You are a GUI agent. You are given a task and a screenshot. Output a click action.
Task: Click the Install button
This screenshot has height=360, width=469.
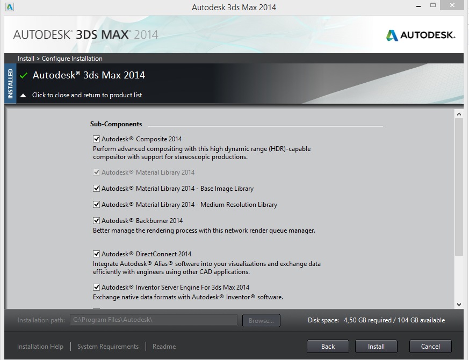pyautogui.click(x=376, y=346)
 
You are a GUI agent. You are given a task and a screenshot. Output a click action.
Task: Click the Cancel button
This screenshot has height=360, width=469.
pyautogui.click(x=430, y=346)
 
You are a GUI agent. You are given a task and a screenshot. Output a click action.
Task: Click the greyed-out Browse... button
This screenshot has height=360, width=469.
pyautogui.click(x=261, y=320)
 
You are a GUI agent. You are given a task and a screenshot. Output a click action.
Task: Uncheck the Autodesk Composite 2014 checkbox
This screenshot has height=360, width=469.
pyautogui.click(x=96, y=139)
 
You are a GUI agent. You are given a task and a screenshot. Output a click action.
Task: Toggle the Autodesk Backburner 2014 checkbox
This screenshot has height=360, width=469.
pyautogui.click(x=96, y=220)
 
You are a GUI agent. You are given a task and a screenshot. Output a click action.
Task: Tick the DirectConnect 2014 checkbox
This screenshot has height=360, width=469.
pyautogui.click(x=96, y=254)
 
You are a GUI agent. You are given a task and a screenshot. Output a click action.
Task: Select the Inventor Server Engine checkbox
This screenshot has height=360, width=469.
pyautogui.click(x=96, y=287)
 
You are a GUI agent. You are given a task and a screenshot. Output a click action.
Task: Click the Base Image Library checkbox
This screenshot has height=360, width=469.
pyautogui.click(x=96, y=188)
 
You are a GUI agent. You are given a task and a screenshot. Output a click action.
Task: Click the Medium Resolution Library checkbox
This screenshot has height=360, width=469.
pyautogui.click(x=96, y=204)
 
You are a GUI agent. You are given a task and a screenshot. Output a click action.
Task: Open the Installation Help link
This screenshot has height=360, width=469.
pyautogui.click(x=40, y=346)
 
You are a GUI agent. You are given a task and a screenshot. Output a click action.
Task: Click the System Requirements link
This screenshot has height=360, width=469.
pyautogui.click(x=108, y=346)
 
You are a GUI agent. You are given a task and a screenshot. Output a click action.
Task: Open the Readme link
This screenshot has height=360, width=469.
pyautogui.click(x=164, y=346)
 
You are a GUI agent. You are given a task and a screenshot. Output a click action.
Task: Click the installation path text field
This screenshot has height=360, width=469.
pyautogui.click(x=154, y=320)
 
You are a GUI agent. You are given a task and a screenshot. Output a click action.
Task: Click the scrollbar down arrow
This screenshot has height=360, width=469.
pyautogui.click(x=459, y=305)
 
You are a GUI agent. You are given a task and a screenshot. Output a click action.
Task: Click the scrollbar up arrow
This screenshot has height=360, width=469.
pyautogui.click(x=459, y=114)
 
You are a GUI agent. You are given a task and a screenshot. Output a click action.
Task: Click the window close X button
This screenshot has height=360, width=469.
pyautogui.click(x=452, y=5)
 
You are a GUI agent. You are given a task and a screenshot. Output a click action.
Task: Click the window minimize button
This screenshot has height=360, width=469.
pyautogui.click(x=419, y=6)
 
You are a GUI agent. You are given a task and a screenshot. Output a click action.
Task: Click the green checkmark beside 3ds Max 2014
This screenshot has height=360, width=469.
pyautogui.click(x=24, y=75)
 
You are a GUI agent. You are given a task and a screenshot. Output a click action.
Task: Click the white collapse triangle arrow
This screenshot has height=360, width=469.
pyautogui.click(x=23, y=96)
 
